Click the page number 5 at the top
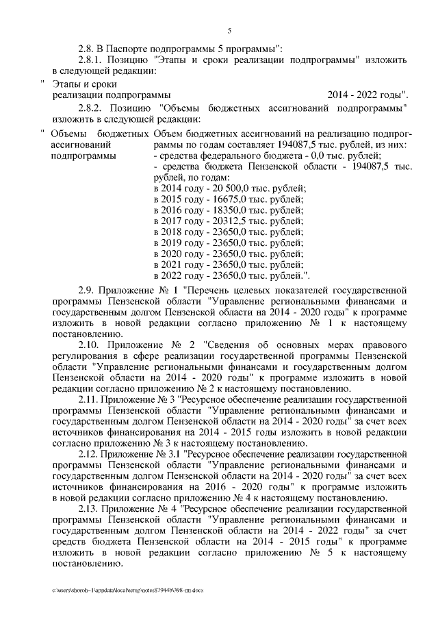coord(229,31)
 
